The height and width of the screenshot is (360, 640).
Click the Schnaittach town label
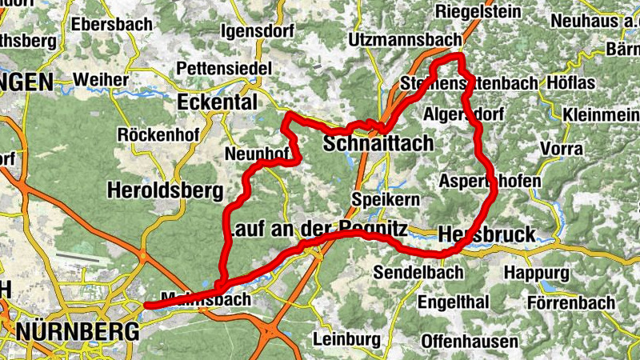(378, 144)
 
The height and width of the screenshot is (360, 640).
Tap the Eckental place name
(217, 103)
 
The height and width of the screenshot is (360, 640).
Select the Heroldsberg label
(163, 190)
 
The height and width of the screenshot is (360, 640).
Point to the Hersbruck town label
(486, 234)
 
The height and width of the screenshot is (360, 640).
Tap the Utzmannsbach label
(406, 40)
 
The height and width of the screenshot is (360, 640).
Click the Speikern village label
(386, 198)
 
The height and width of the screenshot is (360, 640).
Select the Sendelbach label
(418, 273)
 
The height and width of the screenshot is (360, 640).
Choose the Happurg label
(535, 273)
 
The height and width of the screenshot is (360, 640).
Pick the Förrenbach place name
(570, 303)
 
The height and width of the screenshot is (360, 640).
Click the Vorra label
(561, 149)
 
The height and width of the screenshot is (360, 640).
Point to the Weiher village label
(100, 80)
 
